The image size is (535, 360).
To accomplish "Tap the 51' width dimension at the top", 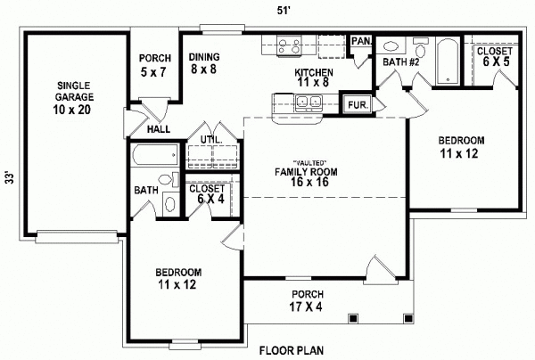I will click(x=284, y=10).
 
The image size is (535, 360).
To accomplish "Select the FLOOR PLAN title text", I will click(x=292, y=350).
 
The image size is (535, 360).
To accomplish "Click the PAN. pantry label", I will click(x=361, y=41).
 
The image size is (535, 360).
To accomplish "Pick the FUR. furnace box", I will click(x=357, y=103).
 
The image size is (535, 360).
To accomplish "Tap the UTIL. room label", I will click(x=210, y=140).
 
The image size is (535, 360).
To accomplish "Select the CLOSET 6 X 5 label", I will click(x=493, y=58).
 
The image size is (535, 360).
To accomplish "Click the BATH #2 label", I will click(x=402, y=61).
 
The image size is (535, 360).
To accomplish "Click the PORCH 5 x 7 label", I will click(x=154, y=65).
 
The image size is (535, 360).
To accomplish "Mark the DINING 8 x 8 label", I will click(x=204, y=64).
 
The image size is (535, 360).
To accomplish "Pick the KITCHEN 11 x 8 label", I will click(x=315, y=78).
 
